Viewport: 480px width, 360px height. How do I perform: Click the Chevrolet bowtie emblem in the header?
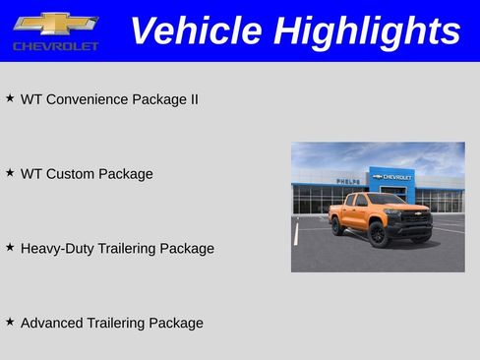coord(55,23)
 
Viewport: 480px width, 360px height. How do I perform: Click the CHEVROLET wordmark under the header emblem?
coord(55,46)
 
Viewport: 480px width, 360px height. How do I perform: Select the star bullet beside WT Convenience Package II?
coord(10,98)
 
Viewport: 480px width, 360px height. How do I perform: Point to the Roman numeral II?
coord(193,99)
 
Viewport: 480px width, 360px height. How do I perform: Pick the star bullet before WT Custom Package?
coord(10,173)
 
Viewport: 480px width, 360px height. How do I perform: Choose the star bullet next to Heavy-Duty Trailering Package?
coord(10,248)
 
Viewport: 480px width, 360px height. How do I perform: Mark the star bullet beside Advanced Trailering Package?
coord(10,322)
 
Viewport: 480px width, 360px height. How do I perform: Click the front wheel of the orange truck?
coord(378,234)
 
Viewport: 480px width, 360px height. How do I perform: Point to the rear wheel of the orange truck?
coord(337,225)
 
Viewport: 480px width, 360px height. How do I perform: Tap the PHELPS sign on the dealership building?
coord(347,181)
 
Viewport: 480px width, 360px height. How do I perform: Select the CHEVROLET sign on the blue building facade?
coord(392,177)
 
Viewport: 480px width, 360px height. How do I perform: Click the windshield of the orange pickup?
coord(387,200)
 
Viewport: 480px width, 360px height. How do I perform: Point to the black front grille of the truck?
coord(419,218)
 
